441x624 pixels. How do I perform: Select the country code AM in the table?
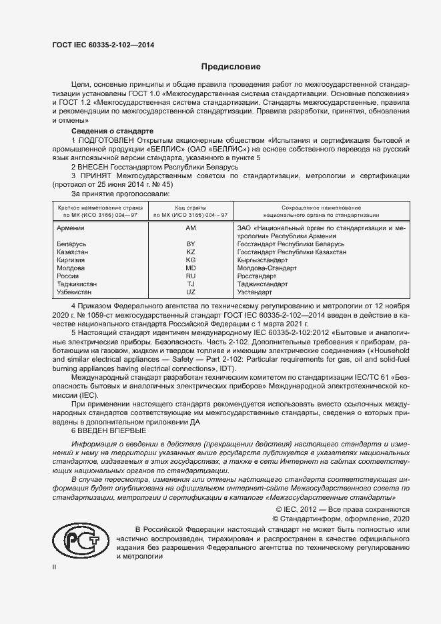click(x=190, y=228)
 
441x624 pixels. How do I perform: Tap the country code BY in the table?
click(x=190, y=244)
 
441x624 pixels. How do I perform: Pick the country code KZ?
click(x=190, y=252)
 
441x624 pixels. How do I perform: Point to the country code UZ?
click(x=190, y=292)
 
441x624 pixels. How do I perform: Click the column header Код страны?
click(x=190, y=208)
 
